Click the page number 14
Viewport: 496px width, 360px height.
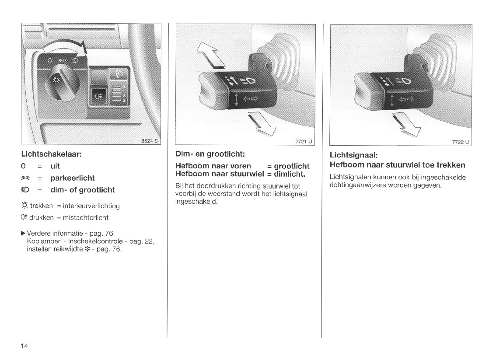coord(24,346)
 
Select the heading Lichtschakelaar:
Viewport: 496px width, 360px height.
coord(52,154)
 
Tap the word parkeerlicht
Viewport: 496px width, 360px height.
coord(73,178)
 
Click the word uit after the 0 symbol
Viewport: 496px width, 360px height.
coord(55,166)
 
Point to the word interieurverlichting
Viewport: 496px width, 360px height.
coord(91,206)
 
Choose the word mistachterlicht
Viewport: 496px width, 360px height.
coord(86,218)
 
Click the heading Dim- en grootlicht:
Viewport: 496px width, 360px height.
coord(210,154)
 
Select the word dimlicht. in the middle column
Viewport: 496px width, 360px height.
coord(290,174)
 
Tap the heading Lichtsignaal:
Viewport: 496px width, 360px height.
coord(354,155)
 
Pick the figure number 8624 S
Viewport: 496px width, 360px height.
coord(149,141)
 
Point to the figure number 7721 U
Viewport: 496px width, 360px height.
coord(304,141)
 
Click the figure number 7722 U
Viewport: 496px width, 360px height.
coord(461,142)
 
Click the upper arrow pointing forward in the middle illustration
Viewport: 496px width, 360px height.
coord(210,56)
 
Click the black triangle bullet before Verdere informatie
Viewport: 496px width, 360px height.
coord(23,234)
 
